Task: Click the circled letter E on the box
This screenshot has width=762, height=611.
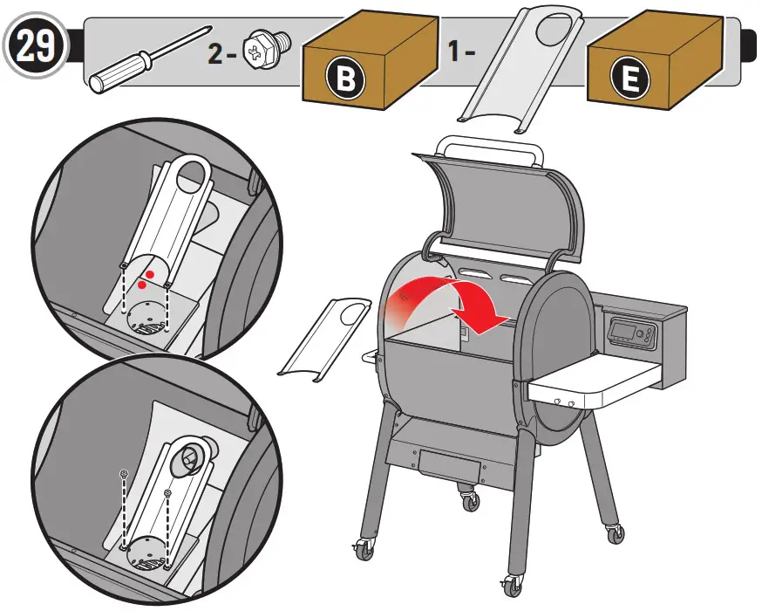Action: point(629,81)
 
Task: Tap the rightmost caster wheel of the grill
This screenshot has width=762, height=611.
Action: point(613,532)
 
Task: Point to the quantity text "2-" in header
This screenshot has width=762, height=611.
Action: point(221,53)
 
